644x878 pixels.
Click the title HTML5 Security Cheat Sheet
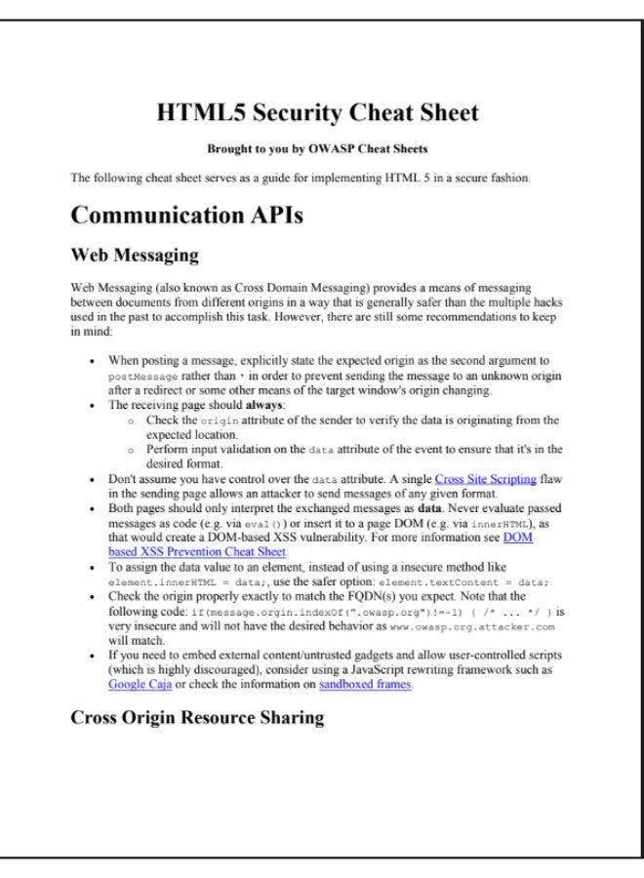(317, 113)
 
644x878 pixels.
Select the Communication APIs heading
(186, 216)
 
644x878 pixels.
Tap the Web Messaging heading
(135, 257)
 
